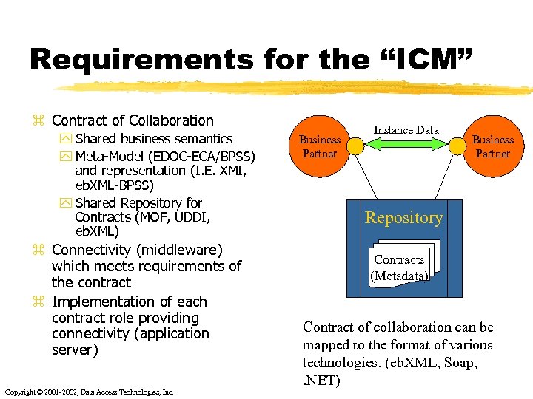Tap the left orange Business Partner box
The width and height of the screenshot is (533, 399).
319,146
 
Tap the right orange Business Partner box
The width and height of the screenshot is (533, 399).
492,146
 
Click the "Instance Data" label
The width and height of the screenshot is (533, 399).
406,130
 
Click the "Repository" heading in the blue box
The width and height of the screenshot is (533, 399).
403,217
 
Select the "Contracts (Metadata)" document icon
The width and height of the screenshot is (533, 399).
400,265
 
